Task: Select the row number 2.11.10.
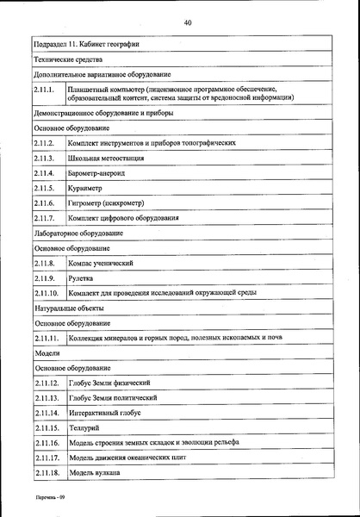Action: click(x=47, y=293)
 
